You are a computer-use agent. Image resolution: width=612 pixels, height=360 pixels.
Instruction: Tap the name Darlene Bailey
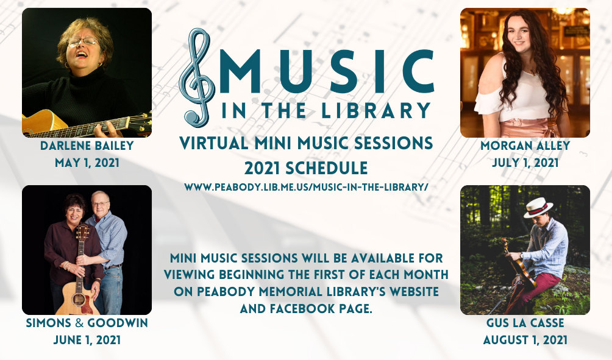tap(87, 146)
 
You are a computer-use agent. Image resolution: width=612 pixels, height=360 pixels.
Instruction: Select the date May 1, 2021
tap(87, 163)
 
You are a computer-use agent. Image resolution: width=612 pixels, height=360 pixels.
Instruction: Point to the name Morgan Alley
tap(525, 146)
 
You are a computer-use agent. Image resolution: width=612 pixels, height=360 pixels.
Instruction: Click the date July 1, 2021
tap(525, 163)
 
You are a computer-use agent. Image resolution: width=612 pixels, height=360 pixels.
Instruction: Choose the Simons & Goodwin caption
tap(87, 323)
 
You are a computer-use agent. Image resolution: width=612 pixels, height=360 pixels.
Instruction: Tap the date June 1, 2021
tap(87, 340)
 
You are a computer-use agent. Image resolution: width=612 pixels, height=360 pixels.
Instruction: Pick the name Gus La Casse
tap(525, 323)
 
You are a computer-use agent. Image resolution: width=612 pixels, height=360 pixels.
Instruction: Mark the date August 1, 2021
tap(525, 340)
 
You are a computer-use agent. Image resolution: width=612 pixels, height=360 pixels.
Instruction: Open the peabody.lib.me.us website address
tap(307, 187)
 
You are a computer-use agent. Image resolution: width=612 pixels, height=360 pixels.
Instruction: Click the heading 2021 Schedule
tap(306, 168)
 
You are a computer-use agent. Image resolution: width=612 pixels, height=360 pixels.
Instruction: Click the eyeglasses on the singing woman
tap(83, 41)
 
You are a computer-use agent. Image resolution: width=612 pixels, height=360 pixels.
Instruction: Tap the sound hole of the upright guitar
tap(79, 300)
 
